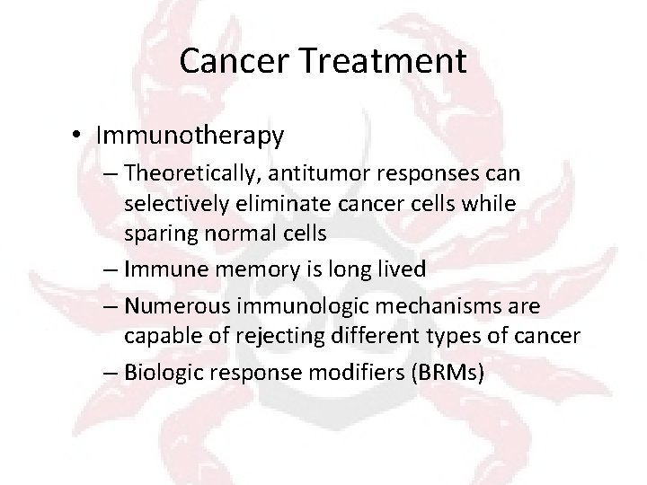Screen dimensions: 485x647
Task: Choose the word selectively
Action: tap(170, 204)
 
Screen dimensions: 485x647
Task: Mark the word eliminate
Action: tap(261, 204)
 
